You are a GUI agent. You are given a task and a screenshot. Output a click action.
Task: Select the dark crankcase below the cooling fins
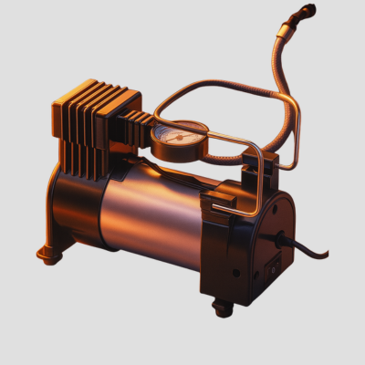point(73,196)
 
